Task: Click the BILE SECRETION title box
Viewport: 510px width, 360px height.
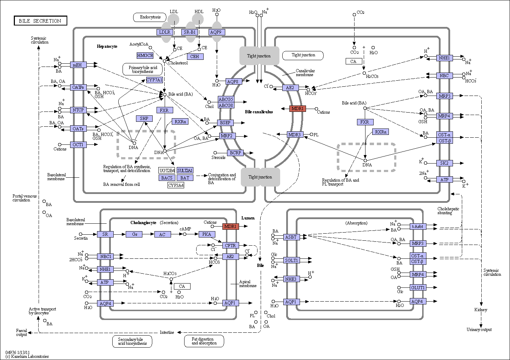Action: pyautogui.click(x=40, y=21)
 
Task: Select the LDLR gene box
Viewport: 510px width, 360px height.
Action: pyautogui.click(x=165, y=32)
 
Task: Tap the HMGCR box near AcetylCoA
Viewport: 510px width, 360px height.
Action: pyautogui.click(x=145, y=56)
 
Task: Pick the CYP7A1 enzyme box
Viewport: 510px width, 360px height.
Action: pyautogui.click(x=154, y=80)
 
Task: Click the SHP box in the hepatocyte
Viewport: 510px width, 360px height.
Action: pyautogui.click(x=144, y=119)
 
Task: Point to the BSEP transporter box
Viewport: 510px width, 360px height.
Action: pyautogui.click(x=225, y=123)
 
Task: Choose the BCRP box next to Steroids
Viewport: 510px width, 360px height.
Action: pyautogui.click(x=235, y=153)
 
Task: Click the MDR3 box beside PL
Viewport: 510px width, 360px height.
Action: pyautogui.click(x=295, y=135)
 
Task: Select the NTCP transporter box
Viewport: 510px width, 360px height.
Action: pyautogui.click(x=78, y=110)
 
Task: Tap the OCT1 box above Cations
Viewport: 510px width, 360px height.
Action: pyautogui.click(x=78, y=145)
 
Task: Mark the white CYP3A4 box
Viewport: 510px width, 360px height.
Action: pyautogui.click(x=176, y=185)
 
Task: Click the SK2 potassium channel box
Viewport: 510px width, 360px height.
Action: pyautogui.click(x=444, y=163)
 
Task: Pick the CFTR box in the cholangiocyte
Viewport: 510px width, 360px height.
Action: pyautogui.click(x=231, y=246)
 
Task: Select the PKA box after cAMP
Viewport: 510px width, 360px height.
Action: pyautogui.click(x=207, y=234)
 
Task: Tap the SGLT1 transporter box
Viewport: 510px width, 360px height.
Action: pyautogui.click(x=291, y=260)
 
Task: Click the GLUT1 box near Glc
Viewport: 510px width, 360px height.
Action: pyautogui.click(x=418, y=288)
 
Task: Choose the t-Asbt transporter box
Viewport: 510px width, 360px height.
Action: pyautogui.click(x=418, y=227)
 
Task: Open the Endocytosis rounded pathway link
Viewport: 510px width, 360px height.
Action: pyautogui.click(x=150, y=17)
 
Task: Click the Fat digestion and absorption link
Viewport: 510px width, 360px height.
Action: pyautogui.click(x=204, y=341)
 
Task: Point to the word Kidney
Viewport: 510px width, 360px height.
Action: pyautogui.click(x=481, y=310)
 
